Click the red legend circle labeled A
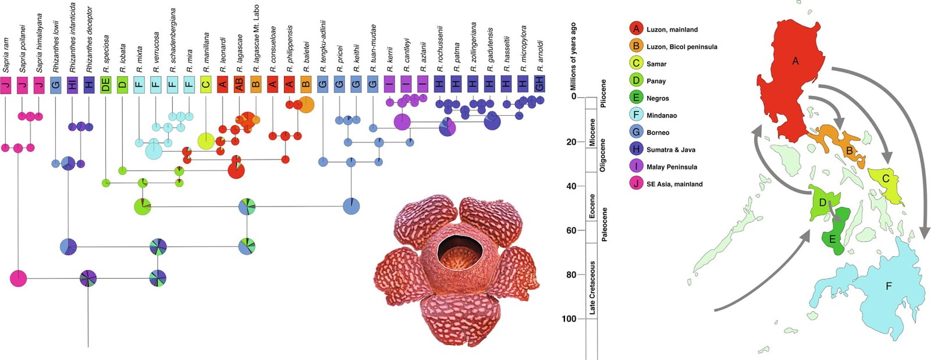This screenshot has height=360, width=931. (x=636, y=29)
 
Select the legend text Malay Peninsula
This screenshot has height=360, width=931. (x=671, y=167)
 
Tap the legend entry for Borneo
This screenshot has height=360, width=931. (x=658, y=133)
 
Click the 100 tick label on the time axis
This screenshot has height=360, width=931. (x=568, y=319)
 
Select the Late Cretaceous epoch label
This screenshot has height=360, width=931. (x=592, y=287)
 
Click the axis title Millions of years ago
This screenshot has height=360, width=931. (x=573, y=56)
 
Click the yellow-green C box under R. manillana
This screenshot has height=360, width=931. (x=205, y=84)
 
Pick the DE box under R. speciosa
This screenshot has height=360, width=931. (x=105, y=84)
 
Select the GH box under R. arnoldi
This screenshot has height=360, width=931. (x=539, y=84)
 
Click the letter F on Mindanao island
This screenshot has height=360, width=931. (x=888, y=286)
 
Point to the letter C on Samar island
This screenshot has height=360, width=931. (x=886, y=179)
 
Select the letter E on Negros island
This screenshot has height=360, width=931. (x=832, y=239)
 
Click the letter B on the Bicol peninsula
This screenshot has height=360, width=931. (x=850, y=151)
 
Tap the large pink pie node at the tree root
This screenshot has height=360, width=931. (x=18, y=279)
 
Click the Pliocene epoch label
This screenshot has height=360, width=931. (x=603, y=93)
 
